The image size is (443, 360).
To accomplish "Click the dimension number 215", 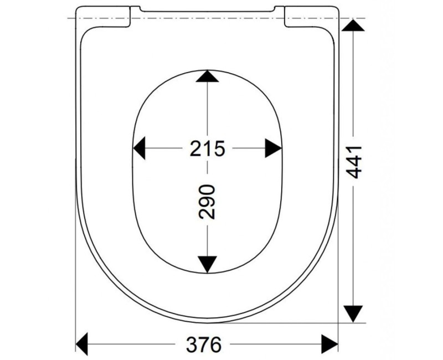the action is point(207,148).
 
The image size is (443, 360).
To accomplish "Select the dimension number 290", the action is point(207,202).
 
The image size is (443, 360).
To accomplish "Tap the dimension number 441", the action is point(354,162).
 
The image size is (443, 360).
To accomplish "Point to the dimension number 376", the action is point(204,344).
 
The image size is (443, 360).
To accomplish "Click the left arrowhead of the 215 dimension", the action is point(139,148).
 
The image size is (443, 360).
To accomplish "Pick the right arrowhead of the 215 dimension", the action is point(273,148).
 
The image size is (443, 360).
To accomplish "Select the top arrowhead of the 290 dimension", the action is point(207,76).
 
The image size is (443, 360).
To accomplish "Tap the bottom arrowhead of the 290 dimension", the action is point(207,265).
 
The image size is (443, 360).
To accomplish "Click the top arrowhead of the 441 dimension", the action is point(353,25).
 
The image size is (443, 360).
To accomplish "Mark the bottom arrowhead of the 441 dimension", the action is point(353,313).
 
